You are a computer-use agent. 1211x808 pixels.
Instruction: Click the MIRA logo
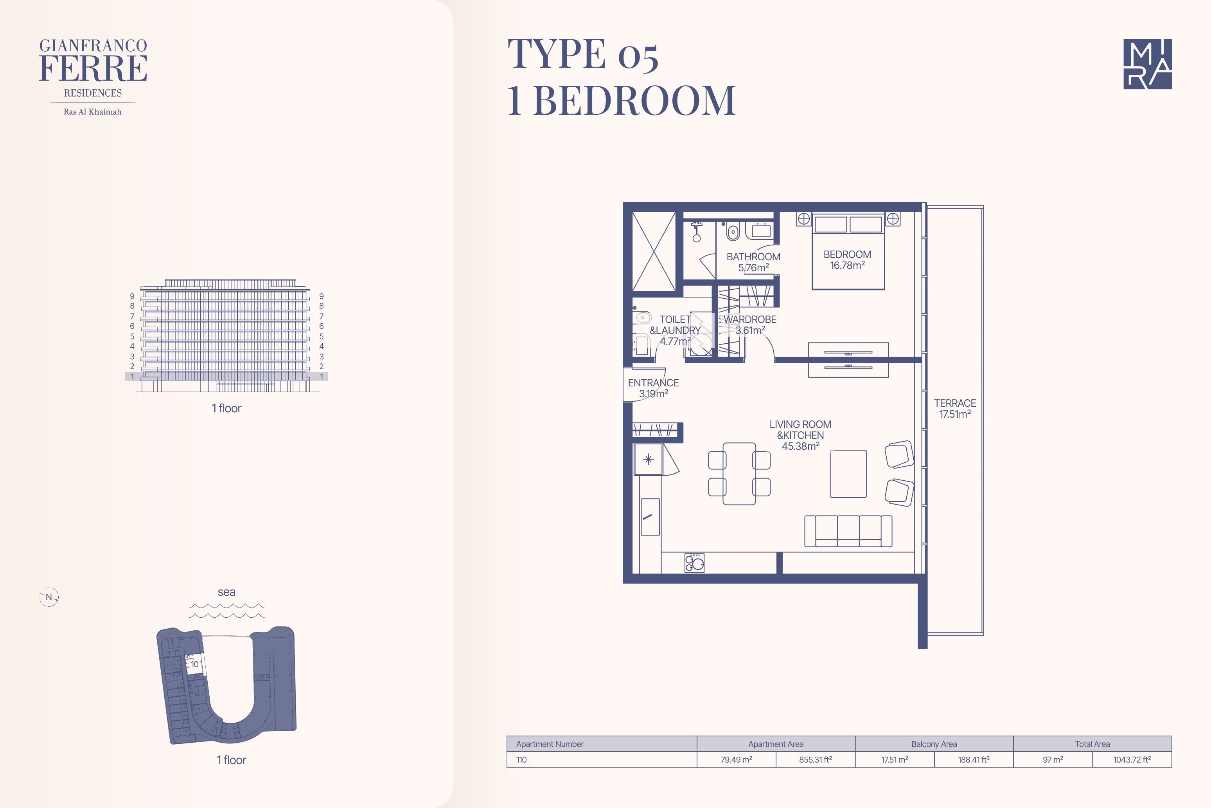tap(1147, 64)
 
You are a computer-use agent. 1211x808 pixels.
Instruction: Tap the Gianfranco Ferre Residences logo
tap(93, 77)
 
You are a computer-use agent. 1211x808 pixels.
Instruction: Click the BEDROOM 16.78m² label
tap(847, 260)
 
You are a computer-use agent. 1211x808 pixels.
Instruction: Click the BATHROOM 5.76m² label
tap(753, 262)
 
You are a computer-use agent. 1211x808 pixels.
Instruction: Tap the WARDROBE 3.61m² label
tap(750, 325)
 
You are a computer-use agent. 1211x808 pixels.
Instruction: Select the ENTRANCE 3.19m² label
tap(653, 388)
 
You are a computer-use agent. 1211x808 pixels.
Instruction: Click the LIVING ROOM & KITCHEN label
tap(800, 435)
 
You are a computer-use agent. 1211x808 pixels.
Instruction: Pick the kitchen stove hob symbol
tap(694, 563)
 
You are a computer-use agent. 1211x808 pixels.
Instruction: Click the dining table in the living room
tap(739, 474)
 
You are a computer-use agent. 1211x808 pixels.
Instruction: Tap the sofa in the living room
tap(848, 531)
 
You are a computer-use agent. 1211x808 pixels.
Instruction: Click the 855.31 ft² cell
tap(815, 759)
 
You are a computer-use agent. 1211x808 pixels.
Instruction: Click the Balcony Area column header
tap(934, 744)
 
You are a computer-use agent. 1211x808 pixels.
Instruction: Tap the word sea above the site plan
tap(226, 592)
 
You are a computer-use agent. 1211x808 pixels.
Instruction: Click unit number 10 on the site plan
tap(195, 664)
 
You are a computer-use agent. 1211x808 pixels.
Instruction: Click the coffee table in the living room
tap(848, 474)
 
